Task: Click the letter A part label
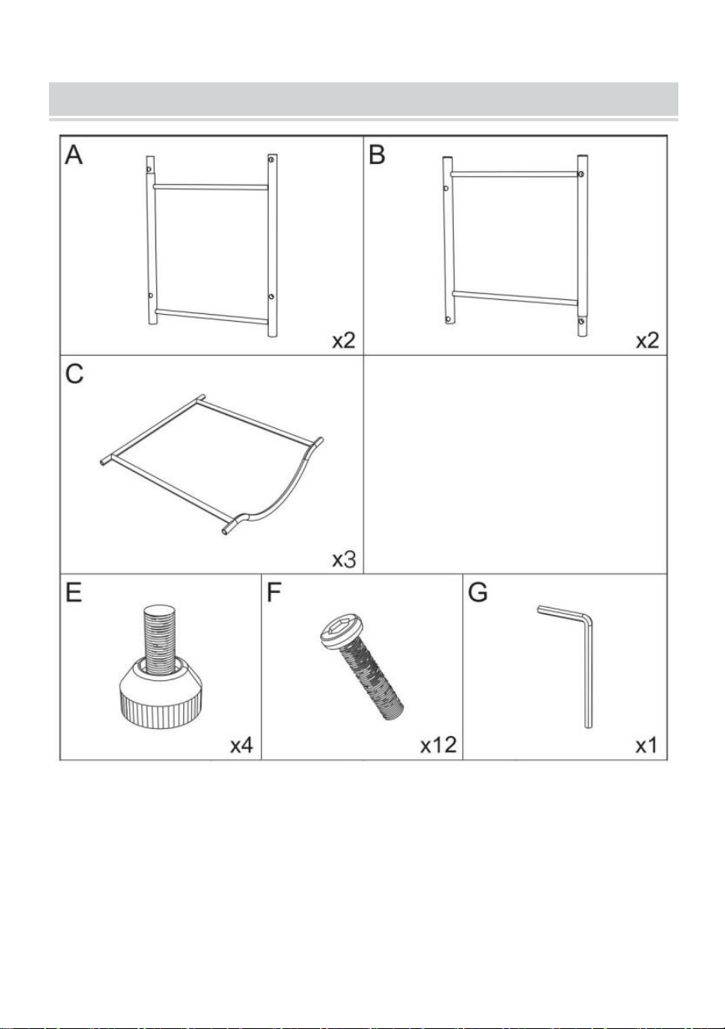[74, 155]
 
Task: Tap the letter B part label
[377, 155]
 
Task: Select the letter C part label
[75, 374]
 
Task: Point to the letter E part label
[74, 592]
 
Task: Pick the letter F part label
[274, 592]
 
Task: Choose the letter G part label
[477, 592]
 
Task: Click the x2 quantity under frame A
[343, 340]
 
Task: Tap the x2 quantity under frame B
[647, 340]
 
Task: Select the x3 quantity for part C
[343, 560]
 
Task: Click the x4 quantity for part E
[242, 745]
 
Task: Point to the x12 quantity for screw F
[438, 745]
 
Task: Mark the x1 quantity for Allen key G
[647, 745]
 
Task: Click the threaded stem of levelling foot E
[160, 639]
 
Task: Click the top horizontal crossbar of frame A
[211, 187]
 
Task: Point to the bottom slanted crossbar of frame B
[515, 298]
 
